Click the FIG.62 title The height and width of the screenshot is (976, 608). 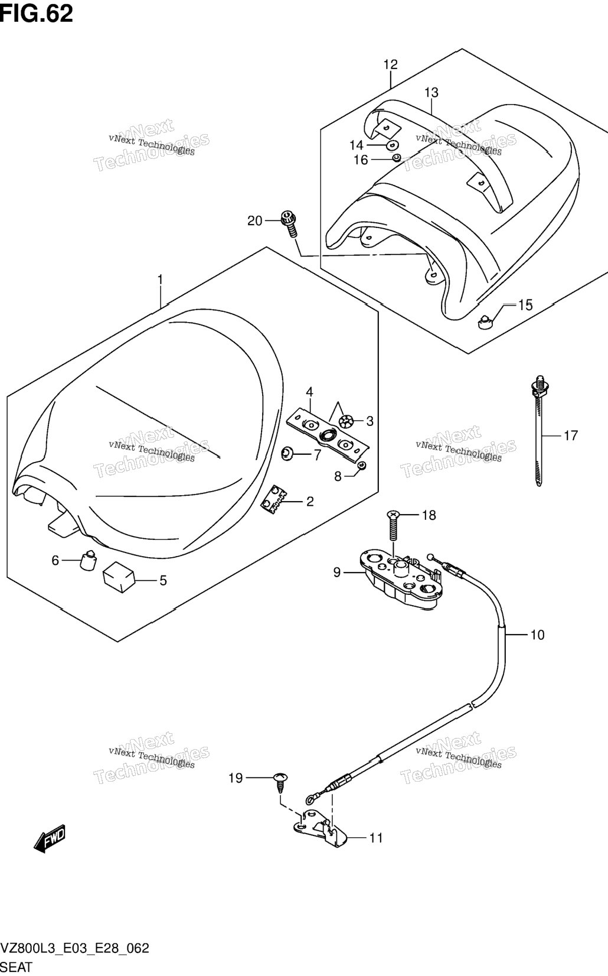click(37, 14)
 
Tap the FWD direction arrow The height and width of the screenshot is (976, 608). click(50, 837)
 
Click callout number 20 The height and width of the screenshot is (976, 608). click(254, 221)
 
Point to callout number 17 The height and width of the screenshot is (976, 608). click(571, 435)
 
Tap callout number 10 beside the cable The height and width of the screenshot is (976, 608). click(538, 635)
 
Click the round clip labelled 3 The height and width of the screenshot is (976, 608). click(345, 421)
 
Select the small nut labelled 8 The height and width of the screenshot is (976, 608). click(361, 466)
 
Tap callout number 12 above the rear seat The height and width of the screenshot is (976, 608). click(390, 65)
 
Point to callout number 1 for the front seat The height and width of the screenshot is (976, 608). click(160, 279)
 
